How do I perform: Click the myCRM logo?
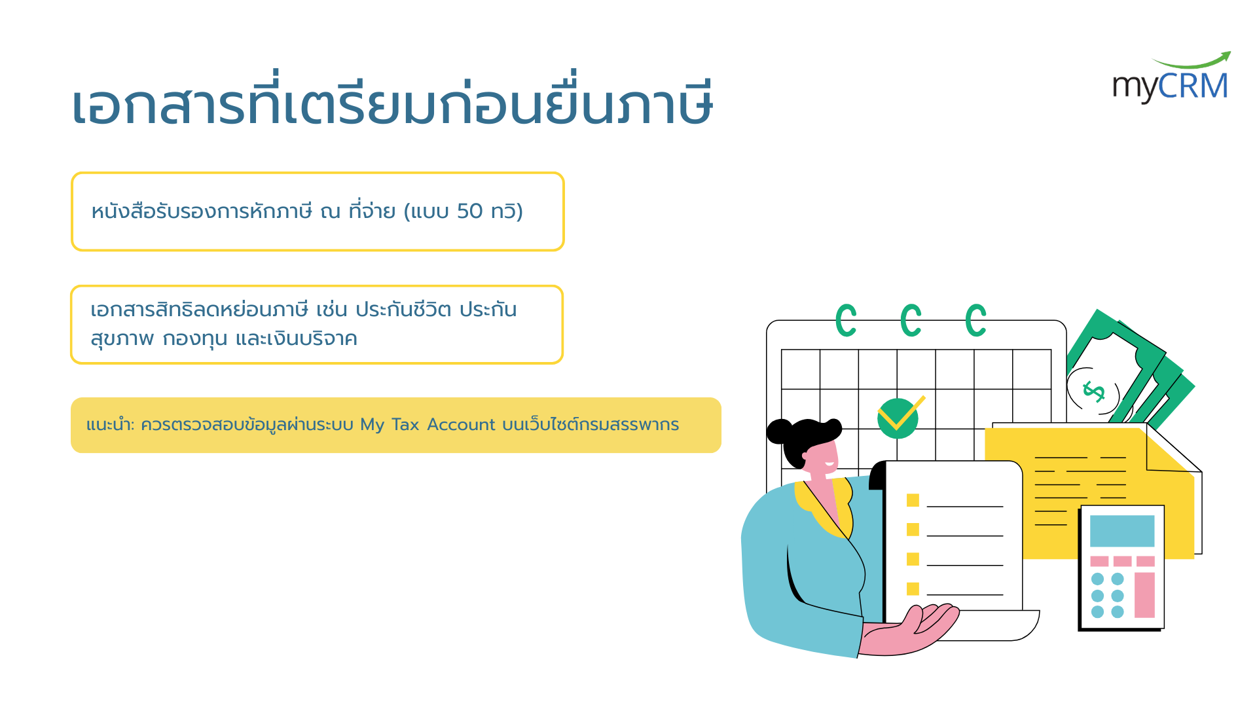pos(1171,78)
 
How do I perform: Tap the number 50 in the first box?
pos(469,211)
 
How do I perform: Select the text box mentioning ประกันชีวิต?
pos(317,325)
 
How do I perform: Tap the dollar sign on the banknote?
pos(1094,391)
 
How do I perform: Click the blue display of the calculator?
pos(1121,531)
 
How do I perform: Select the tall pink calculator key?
pos(1144,595)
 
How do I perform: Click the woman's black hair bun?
pos(779,431)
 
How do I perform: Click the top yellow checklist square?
pos(913,500)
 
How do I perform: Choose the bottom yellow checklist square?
pos(913,589)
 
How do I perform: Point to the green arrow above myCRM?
pos(1193,61)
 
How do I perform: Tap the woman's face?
pos(822,458)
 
